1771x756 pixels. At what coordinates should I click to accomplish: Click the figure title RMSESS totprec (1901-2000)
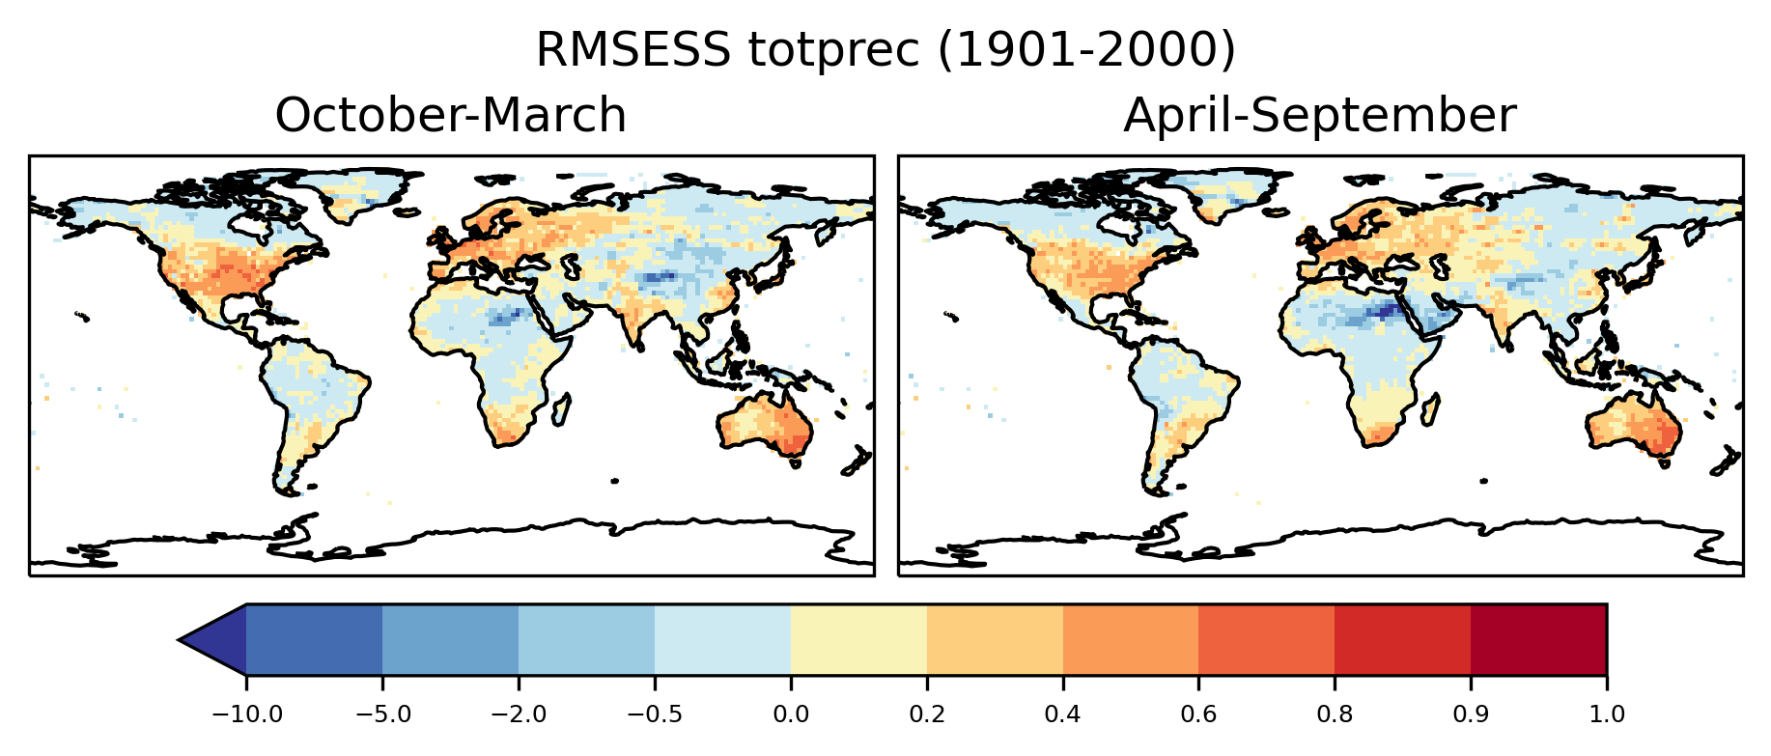885,50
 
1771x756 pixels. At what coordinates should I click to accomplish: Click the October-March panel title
451,116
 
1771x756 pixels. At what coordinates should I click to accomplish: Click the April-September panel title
1319,116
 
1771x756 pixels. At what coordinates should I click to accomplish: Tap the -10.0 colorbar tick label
246,715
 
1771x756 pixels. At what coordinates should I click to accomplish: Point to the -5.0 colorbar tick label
382,715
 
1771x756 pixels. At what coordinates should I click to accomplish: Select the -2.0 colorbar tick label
519,715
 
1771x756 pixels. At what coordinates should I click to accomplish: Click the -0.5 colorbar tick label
655,715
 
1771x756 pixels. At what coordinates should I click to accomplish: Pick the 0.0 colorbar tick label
791,715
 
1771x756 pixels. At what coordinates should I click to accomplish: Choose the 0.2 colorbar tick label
927,715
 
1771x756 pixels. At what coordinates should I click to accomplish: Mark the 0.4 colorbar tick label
1063,715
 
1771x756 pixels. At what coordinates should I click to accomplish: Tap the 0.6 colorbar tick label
1198,715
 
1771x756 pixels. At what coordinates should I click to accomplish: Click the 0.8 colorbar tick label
1335,715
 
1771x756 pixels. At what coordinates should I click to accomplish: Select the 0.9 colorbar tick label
1471,715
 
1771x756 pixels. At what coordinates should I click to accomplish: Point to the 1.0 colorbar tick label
1607,715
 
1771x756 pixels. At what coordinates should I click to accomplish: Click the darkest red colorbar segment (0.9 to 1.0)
1538,639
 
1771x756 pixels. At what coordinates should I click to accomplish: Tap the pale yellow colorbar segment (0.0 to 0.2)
858,639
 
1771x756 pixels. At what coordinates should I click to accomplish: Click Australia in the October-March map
768,425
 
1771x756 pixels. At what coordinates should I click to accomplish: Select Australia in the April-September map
1637,425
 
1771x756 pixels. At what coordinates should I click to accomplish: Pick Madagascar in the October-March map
561,409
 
